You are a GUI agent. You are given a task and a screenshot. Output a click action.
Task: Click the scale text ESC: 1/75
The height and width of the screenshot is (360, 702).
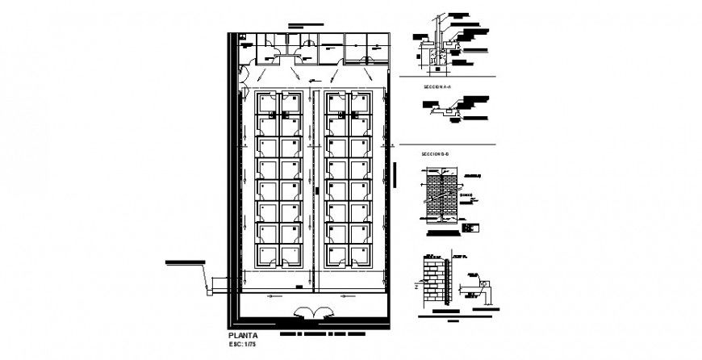click(x=244, y=345)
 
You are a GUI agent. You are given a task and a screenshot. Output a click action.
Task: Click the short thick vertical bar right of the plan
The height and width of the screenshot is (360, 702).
click(x=396, y=175)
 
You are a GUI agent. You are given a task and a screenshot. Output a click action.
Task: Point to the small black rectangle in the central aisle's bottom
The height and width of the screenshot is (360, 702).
click(x=299, y=287)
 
